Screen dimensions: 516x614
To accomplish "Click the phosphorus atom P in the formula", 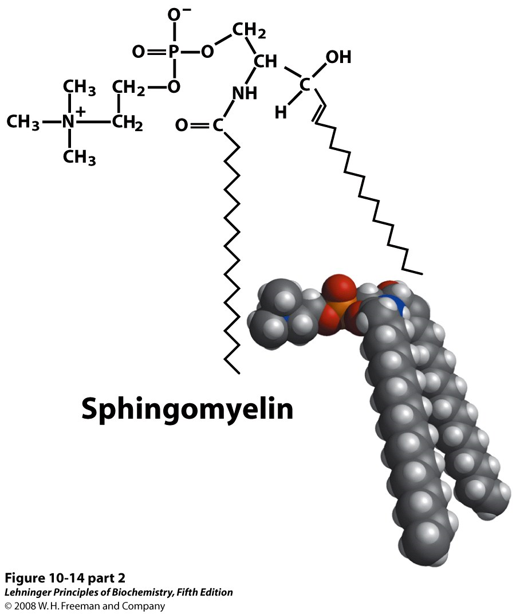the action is coord(174,53).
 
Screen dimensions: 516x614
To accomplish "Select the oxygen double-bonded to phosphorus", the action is coord(138,53).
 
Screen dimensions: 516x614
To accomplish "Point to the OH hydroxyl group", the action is coord(338,57).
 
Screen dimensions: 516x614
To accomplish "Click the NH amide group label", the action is coord(245,93).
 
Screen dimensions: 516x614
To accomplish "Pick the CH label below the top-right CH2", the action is coord(265,61).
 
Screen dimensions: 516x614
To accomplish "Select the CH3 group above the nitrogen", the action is coord(78,88).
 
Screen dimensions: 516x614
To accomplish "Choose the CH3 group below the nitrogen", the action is coord(78,156).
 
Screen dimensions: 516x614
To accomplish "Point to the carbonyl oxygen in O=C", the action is coord(182,125).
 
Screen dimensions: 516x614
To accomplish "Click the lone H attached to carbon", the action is coord(280,113).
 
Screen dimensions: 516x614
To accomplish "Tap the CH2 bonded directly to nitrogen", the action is coord(127,122).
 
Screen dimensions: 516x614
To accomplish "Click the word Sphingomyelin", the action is coord(187,409).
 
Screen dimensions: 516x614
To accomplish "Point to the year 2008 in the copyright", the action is coord(25,606).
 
